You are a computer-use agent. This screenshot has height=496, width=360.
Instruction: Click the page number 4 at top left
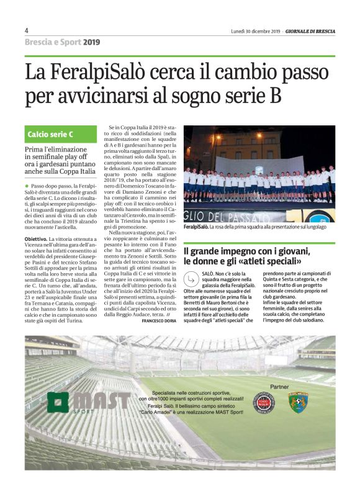click(x=27, y=30)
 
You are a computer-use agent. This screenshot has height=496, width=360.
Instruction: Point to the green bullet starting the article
click(x=27, y=186)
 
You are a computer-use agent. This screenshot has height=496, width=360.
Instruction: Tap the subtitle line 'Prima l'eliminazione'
click(x=56, y=150)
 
